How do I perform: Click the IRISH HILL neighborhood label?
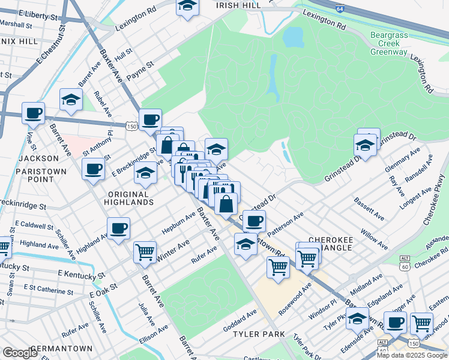tap(238, 5)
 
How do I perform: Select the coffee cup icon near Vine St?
tap(33, 112)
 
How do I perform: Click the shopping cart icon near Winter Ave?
tap(145, 252)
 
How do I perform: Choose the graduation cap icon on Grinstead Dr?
tap(365, 145)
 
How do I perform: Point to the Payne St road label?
tap(142, 64)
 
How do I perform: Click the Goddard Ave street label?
tap(240, 318)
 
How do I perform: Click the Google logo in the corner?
tap(20, 353)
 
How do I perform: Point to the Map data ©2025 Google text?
tap(411, 355)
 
